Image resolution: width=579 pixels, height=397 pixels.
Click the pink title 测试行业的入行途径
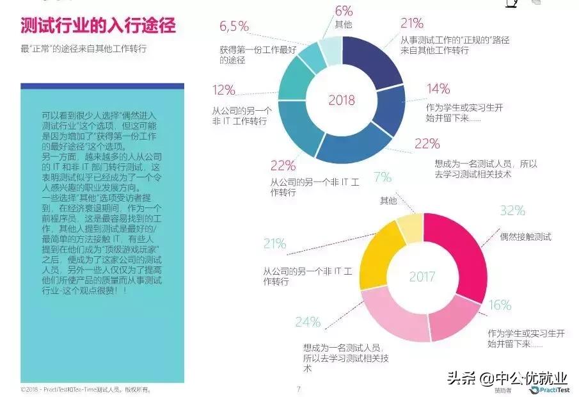[x=98, y=26]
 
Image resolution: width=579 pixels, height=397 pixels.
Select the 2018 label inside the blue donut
[x=341, y=100]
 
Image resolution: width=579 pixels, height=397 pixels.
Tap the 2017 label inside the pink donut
[x=422, y=277]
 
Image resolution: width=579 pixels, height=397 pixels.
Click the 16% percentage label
[x=500, y=305]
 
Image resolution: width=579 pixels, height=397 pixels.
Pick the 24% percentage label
[x=308, y=322]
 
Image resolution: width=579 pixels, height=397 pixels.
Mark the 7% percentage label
[x=382, y=177]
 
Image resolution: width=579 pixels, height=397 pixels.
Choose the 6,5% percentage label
[x=234, y=26]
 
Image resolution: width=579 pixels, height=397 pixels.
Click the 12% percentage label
[x=224, y=90]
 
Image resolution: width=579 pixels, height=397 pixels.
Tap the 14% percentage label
[x=438, y=88]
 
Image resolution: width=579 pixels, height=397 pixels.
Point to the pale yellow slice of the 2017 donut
[x=409, y=227]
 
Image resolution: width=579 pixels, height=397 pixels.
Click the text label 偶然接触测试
[x=525, y=236]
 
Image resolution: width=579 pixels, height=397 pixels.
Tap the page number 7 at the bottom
[x=298, y=389]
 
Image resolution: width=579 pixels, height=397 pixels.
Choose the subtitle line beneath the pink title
[x=84, y=49]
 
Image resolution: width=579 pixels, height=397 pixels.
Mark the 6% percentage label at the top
[x=344, y=10]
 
